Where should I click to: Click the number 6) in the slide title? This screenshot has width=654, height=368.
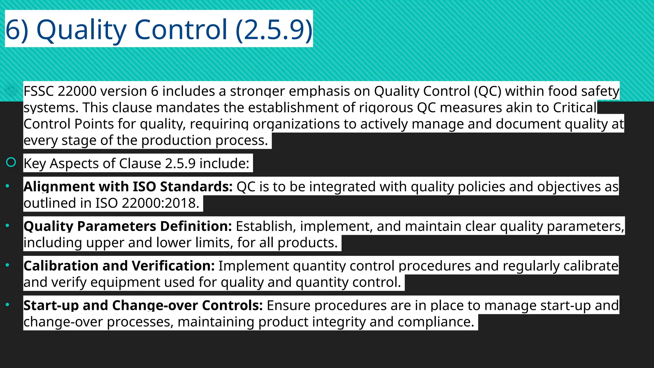click(x=17, y=30)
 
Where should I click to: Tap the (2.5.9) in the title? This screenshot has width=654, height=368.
click(x=274, y=30)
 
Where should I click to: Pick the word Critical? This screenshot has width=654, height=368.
click(x=574, y=108)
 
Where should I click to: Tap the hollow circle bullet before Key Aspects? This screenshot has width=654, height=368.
click(x=11, y=162)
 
